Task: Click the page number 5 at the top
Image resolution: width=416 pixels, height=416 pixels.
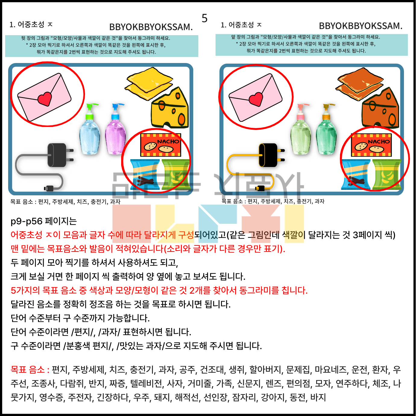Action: tap(204, 18)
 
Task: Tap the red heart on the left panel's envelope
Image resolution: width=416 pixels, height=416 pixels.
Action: tap(45, 99)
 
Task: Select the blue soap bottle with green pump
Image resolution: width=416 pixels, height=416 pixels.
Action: tap(89, 129)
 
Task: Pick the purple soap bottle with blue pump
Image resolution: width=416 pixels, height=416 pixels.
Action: tap(115, 129)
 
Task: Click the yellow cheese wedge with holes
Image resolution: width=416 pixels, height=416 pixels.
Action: tap(170, 108)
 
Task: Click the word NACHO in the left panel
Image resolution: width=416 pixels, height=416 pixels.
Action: tap(169, 142)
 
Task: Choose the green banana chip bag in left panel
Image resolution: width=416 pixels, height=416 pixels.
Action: tap(175, 175)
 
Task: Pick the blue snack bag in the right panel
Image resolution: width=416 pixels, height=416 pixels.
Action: tap(356, 175)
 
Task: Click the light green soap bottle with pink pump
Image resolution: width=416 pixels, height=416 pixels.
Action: tap(301, 129)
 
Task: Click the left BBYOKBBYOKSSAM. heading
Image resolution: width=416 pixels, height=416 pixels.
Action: tap(151, 27)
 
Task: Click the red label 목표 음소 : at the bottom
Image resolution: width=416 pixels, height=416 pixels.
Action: tap(30, 370)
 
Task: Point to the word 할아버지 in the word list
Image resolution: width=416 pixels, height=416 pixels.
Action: tap(265, 370)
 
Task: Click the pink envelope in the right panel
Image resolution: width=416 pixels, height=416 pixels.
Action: tap(255, 97)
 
